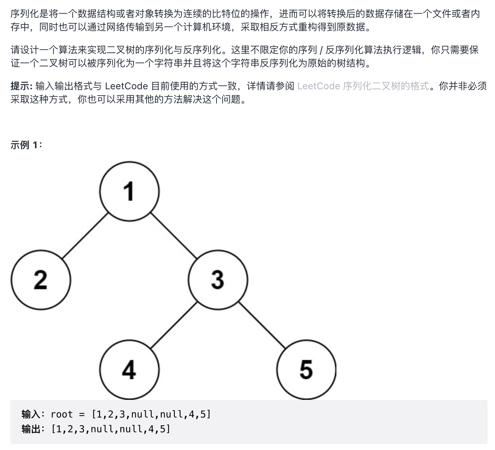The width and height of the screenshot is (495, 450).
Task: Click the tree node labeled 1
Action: pyautogui.click(x=129, y=191)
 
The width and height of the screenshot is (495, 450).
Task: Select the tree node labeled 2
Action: pyautogui.click(x=41, y=280)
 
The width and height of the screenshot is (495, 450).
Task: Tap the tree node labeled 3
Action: pyautogui.click(x=218, y=280)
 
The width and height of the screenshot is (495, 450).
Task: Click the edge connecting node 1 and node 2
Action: pyautogui.click(x=85, y=235)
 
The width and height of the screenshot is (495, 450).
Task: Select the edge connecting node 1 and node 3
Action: pyautogui.click(x=173, y=235)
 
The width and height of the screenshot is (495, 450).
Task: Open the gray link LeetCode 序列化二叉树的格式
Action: pyautogui.click(x=363, y=86)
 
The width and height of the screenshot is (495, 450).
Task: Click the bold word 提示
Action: pyautogui.click(x=21, y=86)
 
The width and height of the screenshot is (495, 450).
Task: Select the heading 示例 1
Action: pyautogui.click(x=26, y=145)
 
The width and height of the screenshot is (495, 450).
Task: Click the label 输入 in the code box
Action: pyautogui.click(x=31, y=414)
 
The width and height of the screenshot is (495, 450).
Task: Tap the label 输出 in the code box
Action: pyautogui.click(x=31, y=429)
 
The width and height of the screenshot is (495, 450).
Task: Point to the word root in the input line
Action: pyautogui.click(x=62, y=414)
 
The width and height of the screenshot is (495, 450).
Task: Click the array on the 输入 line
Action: pyautogui.click(x=151, y=414)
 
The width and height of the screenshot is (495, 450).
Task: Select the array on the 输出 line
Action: pyautogui.click(x=111, y=429)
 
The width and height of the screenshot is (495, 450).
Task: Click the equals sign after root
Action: pyautogui.click(x=82, y=414)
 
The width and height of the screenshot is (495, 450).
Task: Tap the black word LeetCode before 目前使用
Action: pyautogui.click(x=126, y=86)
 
